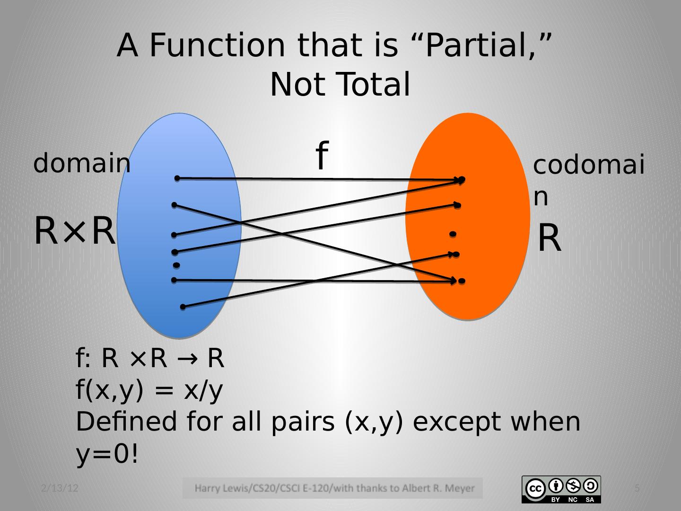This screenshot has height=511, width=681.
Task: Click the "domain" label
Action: point(81,164)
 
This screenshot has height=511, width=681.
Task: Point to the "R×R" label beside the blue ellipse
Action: point(75,231)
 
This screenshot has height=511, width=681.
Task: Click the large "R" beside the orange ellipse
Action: point(550,238)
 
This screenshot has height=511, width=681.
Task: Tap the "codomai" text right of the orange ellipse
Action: point(589,166)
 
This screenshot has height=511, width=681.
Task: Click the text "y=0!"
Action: point(107,455)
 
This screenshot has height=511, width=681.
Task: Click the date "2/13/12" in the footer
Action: point(60,488)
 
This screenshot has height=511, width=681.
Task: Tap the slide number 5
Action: point(637,488)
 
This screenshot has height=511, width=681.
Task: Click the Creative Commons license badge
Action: point(561,489)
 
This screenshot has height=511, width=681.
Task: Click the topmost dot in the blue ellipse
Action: point(177,178)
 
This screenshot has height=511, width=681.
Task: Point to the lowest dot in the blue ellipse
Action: point(183,307)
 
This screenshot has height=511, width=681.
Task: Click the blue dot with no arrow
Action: point(176,265)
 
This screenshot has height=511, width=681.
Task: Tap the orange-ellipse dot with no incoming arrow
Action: point(453,234)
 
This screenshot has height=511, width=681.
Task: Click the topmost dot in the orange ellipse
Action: point(462,179)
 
